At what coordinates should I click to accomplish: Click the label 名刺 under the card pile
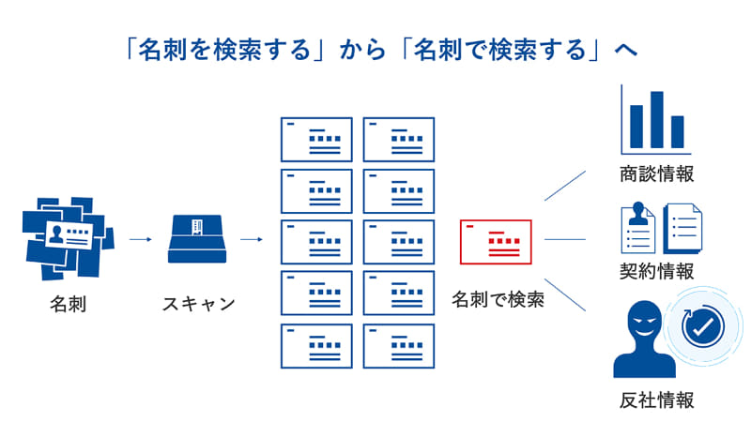click(x=69, y=305)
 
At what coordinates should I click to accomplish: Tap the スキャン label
click(x=198, y=305)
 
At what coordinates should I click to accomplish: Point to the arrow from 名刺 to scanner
click(x=140, y=239)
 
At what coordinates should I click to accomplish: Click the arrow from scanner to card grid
click(x=251, y=239)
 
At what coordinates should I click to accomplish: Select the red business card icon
click(x=496, y=242)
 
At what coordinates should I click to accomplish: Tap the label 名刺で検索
click(x=498, y=300)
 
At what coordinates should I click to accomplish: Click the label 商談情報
click(x=657, y=174)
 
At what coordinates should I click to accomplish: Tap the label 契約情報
click(x=657, y=272)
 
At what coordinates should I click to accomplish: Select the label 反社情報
click(x=657, y=400)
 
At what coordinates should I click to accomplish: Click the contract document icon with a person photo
click(x=638, y=228)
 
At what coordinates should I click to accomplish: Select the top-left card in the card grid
click(x=316, y=140)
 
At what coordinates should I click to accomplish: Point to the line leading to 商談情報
click(x=565, y=185)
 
